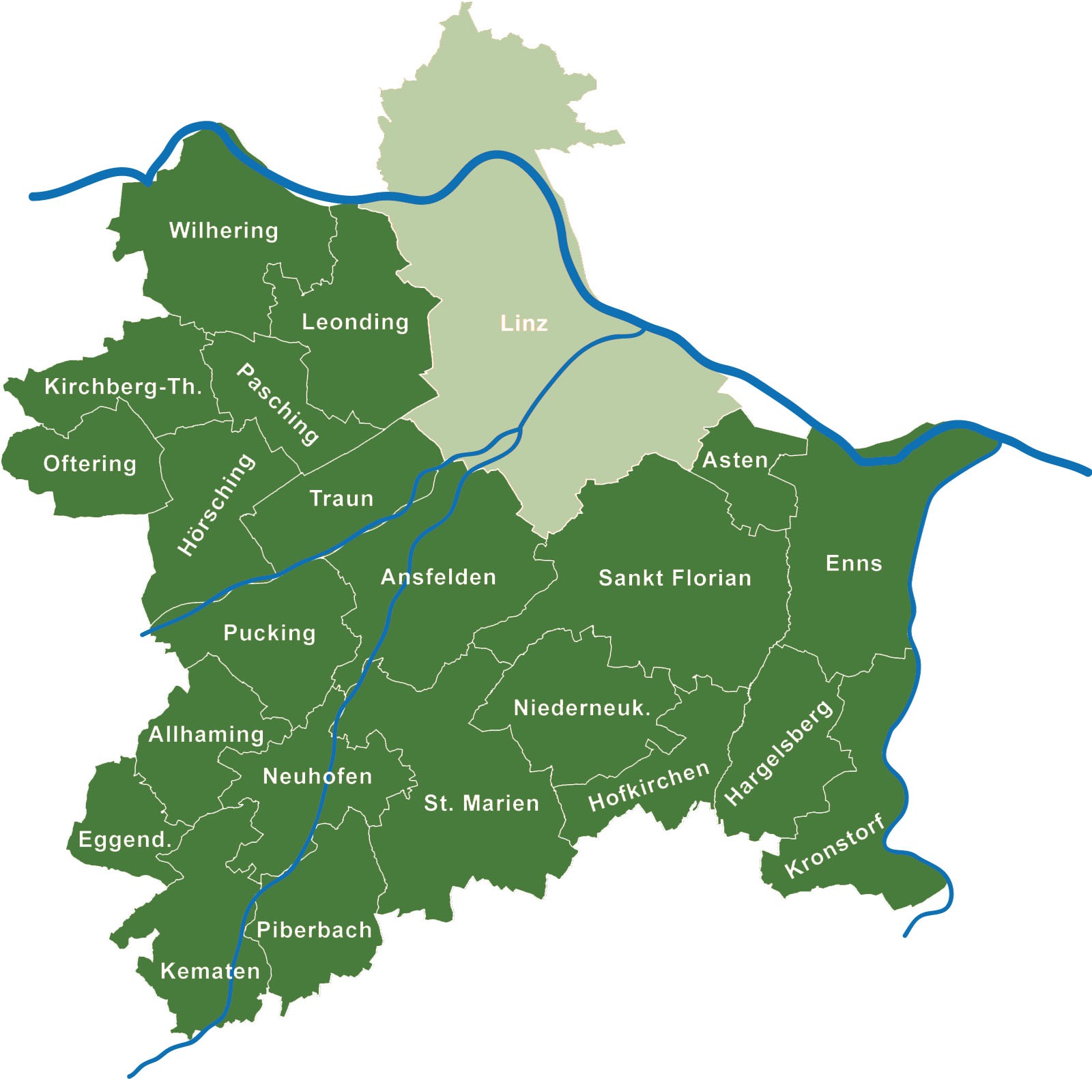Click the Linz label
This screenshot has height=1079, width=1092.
tap(523, 323)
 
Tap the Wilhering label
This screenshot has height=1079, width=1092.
tap(223, 231)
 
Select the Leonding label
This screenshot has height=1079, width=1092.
tap(355, 321)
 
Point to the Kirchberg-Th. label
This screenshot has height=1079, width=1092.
tap(123, 387)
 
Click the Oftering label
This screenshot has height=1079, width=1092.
tap(89, 464)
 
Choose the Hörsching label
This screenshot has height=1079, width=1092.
tap(216, 504)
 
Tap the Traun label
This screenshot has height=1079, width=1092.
tap(341, 498)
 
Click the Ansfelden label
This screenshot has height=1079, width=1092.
tap(438, 577)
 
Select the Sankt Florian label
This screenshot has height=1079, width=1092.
tap(674, 578)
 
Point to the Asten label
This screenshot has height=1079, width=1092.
tap(735, 460)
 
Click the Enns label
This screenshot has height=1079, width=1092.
tap(854, 563)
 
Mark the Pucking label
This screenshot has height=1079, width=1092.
tap(270, 633)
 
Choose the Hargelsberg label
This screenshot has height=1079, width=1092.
tap(779, 753)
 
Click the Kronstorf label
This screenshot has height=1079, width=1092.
tap(835, 846)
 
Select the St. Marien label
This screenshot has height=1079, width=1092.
tap(481, 803)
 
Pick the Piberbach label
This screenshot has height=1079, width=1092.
tap(314, 930)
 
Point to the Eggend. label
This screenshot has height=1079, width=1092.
tap(124, 839)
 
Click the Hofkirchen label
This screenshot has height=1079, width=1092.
tap(649, 786)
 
